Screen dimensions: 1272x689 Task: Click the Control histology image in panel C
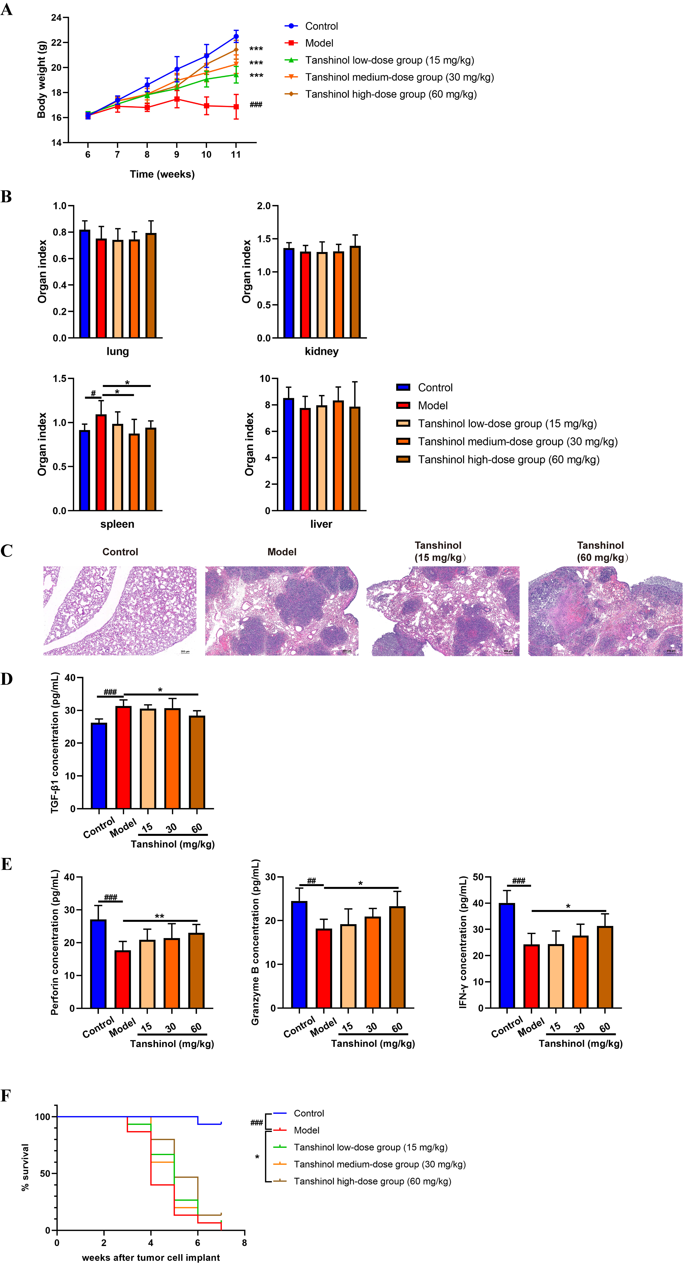(x=120, y=611)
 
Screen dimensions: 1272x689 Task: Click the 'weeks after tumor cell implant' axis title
(x=151, y=1257)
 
